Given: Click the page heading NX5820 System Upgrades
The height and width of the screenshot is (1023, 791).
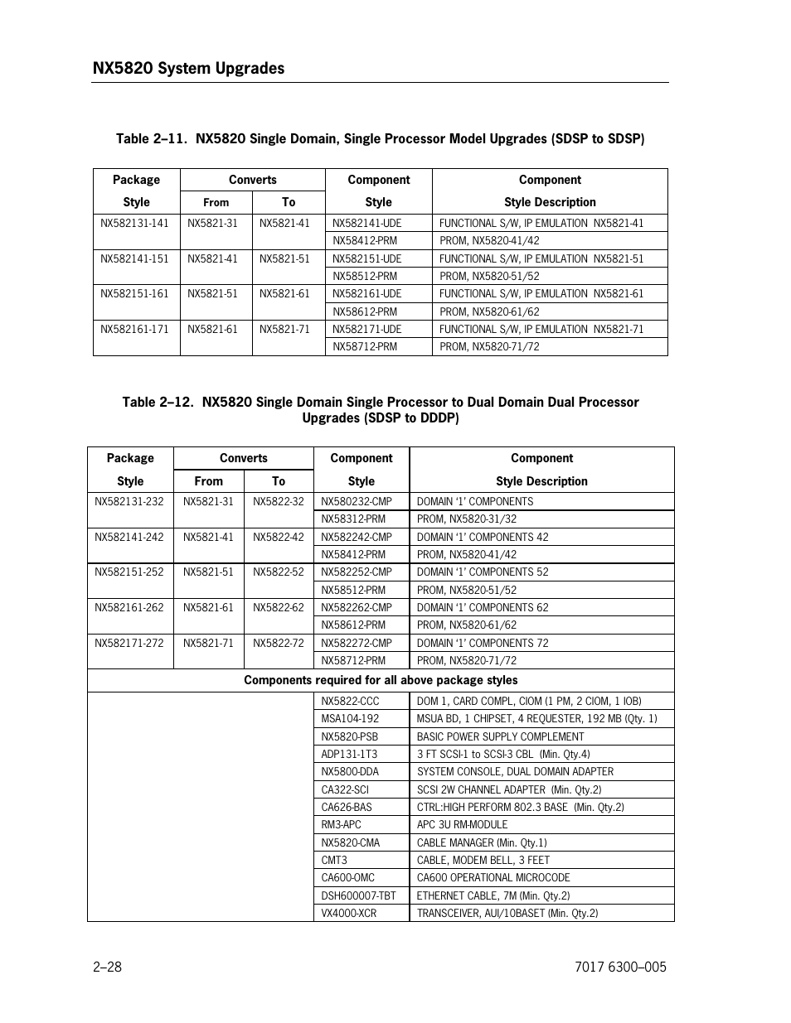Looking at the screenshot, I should click(188, 68).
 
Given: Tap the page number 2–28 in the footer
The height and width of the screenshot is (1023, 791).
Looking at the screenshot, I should click(108, 967).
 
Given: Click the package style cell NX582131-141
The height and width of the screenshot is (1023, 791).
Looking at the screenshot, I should click(134, 223).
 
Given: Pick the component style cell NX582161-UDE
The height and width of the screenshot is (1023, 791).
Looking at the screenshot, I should click(366, 293).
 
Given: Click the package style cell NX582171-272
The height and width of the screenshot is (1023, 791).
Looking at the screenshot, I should click(129, 643).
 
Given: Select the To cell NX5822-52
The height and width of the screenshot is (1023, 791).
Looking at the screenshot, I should click(279, 572).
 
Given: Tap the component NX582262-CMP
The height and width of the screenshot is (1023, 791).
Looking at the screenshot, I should click(357, 607).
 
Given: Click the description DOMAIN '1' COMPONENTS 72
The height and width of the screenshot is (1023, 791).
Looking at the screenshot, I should click(483, 643).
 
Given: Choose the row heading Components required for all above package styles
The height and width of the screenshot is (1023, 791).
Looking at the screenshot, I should click(381, 680).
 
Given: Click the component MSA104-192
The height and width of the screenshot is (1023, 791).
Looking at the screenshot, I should click(350, 718).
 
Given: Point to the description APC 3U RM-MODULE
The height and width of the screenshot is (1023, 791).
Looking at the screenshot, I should click(462, 824).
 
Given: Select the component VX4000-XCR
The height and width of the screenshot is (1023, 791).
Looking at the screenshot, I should click(349, 913).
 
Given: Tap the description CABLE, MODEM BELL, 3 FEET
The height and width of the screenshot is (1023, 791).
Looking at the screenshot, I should click(483, 860).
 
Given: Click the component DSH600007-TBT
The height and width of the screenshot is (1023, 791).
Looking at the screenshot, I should click(358, 895).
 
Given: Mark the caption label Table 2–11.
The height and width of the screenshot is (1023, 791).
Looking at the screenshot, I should click(150, 138).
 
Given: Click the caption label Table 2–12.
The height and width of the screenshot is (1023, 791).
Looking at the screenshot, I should click(157, 402).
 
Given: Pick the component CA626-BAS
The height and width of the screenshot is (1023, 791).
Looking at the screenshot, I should click(347, 807).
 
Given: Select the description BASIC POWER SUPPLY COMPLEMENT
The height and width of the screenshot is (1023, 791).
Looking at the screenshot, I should click(500, 736).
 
